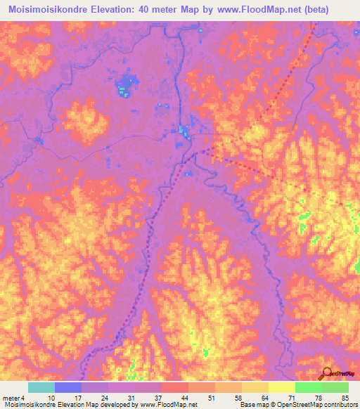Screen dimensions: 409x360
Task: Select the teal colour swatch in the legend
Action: click(x=41, y=387)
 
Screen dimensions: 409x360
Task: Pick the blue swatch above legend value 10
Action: click(x=67, y=387)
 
